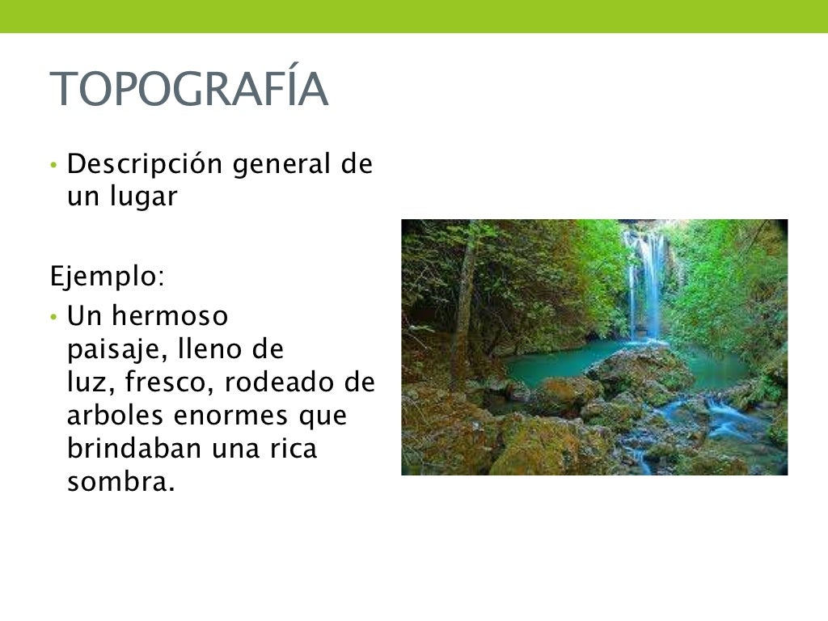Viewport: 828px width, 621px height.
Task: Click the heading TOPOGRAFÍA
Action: click(189, 89)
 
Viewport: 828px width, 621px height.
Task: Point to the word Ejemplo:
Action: click(107, 277)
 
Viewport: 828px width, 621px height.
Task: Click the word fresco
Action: click(168, 383)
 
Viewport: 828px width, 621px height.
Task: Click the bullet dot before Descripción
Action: click(53, 166)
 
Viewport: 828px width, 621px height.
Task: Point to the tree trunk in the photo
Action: click(464, 307)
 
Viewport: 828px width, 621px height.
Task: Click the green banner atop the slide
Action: click(414, 16)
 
